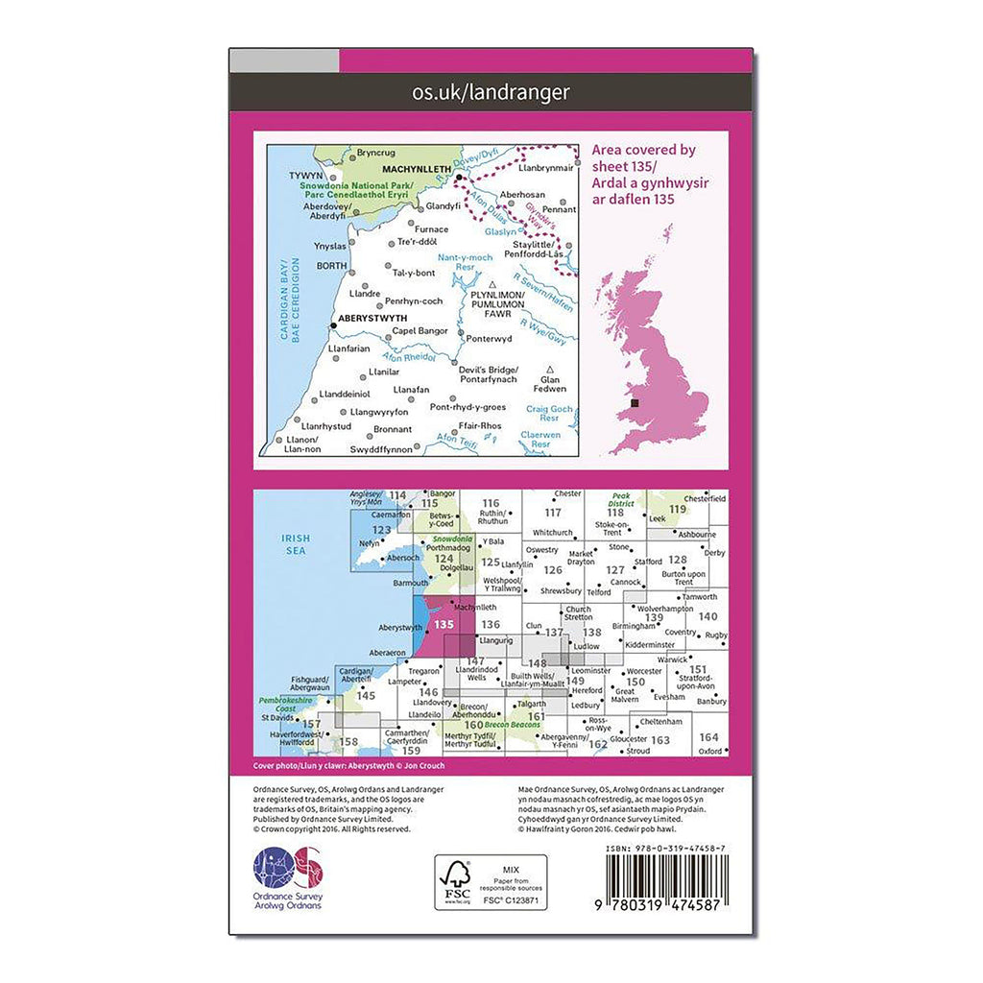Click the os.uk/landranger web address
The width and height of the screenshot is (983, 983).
[x=491, y=93]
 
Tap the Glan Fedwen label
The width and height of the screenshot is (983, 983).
[x=550, y=382]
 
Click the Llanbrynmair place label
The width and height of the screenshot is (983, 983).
[x=546, y=167]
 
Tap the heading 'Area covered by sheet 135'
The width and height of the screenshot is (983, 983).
[x=644, y=175]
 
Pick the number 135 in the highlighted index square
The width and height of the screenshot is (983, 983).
[x=444, y=624]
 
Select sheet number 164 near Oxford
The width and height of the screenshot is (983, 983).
[x=708, y=737]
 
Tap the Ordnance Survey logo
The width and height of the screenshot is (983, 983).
[x=288, y=877]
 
